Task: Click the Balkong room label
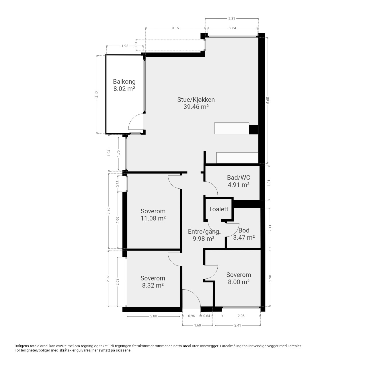click(124, 81)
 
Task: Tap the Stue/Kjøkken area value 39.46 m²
click(196, 107)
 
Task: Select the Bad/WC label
click(239, 177)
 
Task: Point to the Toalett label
click(218, 209)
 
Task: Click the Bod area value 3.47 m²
click(244, 237)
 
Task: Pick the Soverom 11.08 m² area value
click(153, 218)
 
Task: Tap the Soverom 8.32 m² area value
click(153, 285)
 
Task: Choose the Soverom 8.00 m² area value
click(239, 282)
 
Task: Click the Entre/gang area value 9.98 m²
click(204, 239)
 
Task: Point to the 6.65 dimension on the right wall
click(268, 100)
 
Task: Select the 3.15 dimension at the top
click(175, 28)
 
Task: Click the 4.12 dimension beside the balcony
click(97, 94)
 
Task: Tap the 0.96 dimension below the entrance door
click(192, 316)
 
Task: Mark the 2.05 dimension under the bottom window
click(241, 316)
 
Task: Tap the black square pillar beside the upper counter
click(254, 130)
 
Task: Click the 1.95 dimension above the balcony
click(125, 46)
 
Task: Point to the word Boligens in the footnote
click(22, 346)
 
